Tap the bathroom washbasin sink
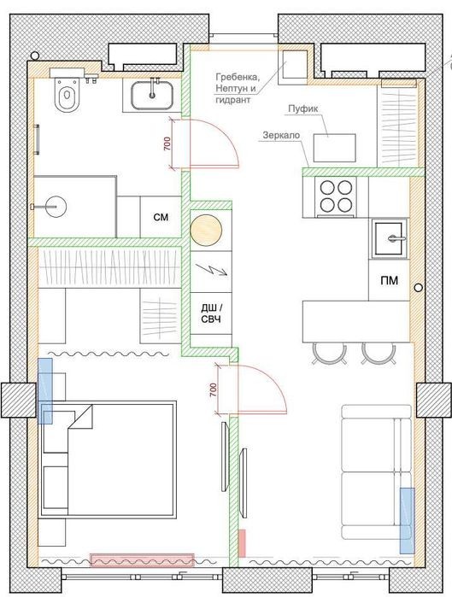pyautogui.click(x=151, y=95)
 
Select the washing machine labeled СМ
pyautogui.click(x=161, y=217)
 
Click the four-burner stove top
pyautogui.click(x=336, y=196)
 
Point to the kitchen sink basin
pyautogui.click(x=389, y=239)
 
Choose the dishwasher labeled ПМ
pyautogui.click(x=389, y=280)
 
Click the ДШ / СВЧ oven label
pyautogui.click(x=211, y=313)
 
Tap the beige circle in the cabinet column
pyautogui.click(x=206, y=230)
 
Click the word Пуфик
pyautogui.click(x=302, y=108)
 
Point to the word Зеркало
pyautogui.click(x=281, y=135)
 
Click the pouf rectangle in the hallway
pyautogui.click(x=335, y=148)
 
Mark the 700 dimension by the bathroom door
pyautogui.click(x=167, y=143)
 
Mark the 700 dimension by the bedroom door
pyautogui.click(x=213, y=389)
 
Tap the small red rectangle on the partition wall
pyautogui.click(x=242, y=543)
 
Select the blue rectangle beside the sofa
pyautogui.click(x=407, y=520)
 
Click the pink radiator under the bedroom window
pyautogui.click(x=142, y=560)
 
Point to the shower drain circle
pyautogui.click(x=57, y=207)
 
